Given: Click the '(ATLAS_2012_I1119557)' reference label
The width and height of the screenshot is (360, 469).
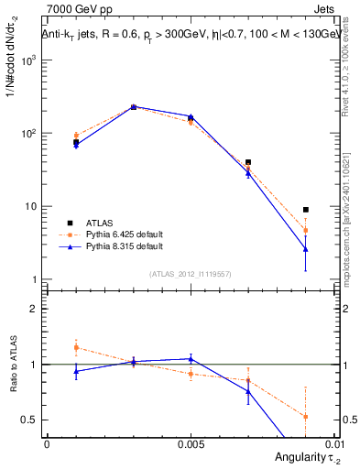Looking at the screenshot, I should coord(190,273).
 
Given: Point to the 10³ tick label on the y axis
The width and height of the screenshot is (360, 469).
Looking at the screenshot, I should coord(28,60).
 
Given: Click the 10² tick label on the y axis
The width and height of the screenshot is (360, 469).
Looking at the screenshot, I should coord(28,133).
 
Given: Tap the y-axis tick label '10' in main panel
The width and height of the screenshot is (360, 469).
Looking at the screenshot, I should coord(30,206).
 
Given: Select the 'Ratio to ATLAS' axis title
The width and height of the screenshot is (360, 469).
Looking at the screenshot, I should coord(12,364).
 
